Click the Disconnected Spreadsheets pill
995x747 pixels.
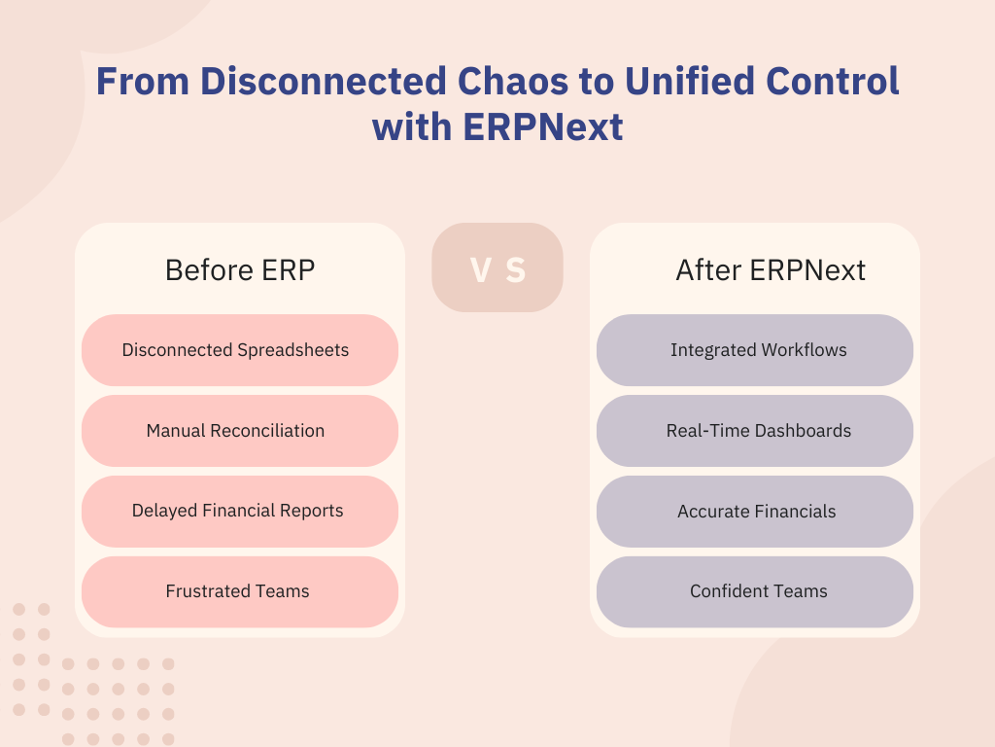[240, 350]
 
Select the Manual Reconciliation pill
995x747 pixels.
[240, 431]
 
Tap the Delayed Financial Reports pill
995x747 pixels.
[240, 512]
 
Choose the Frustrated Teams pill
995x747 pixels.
[240, 592]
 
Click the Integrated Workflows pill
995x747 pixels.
[754, 350]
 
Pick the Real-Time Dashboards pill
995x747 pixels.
[754, 431]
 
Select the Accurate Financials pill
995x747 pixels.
[754, 512]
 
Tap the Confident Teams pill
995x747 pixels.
[754, 592]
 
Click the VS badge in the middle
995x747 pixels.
[497, 267]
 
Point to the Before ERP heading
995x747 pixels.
[240, 270]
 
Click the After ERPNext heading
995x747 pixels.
[771, 270]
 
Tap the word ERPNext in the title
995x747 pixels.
[543, 127]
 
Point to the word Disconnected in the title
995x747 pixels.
[324, 82]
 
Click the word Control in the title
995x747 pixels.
[833, 82]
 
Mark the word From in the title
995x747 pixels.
[143, 82]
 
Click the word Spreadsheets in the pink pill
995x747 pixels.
[292, 350]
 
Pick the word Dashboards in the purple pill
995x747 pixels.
[804, 431]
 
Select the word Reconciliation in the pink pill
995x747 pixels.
[267, 431]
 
